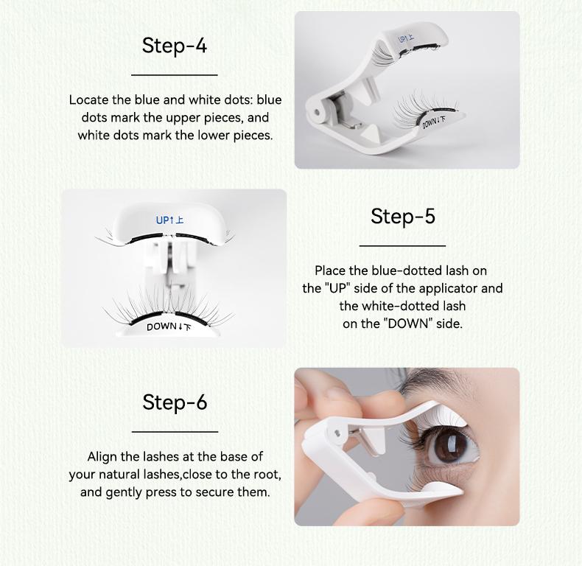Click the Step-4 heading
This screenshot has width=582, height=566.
174,46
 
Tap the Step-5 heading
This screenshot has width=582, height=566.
403,216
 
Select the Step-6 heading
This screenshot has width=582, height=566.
175,402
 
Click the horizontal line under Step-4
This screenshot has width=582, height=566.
175,75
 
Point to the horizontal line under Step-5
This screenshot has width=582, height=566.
403,245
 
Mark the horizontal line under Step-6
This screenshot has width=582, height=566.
175,432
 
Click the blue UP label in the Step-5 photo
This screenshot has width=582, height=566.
169,220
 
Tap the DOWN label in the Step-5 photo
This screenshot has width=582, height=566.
169,326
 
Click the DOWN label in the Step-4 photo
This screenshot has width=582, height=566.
433,122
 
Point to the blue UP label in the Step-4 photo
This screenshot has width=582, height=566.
406,38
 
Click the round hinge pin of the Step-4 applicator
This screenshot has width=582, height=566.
317,112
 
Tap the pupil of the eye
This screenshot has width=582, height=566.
450,444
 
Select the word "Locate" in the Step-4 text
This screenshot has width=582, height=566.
88,100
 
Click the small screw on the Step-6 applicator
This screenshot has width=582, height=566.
337,433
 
